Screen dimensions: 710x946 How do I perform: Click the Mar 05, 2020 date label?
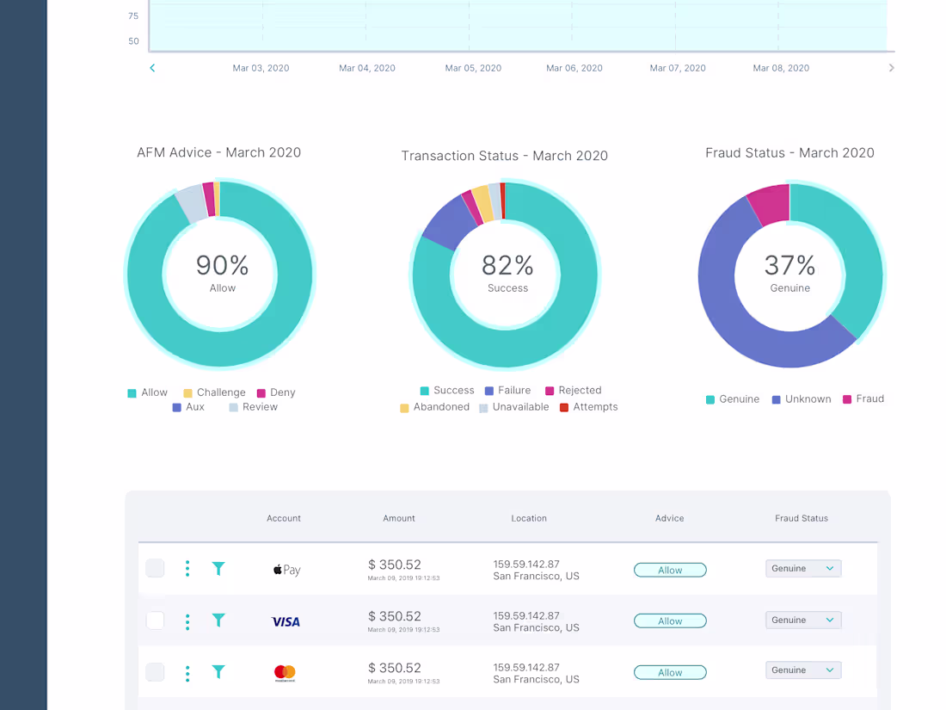(x=473, y=68)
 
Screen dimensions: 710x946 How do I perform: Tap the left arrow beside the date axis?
(x=152, y=68)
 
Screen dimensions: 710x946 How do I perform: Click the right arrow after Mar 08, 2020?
(x=891, y=68)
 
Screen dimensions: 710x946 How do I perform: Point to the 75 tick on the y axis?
(x=133, y=15)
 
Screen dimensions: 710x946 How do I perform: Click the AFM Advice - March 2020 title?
(x=218, y=152)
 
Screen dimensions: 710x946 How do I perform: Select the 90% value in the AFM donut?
(x=222, y=265)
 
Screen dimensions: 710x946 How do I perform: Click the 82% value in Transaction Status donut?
(x=507, y=265)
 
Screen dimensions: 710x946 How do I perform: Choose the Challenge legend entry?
(x=214, y=392)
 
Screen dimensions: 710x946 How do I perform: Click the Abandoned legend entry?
(x=434, y=407)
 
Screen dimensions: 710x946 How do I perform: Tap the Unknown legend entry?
(x=802, y=399)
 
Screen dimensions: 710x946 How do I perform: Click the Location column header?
(x=529, y=518)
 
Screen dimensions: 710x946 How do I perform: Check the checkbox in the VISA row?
(x=155, y=620)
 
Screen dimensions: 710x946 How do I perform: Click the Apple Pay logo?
(x=286, y=570)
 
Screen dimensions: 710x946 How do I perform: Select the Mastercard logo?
(x=285, y=672)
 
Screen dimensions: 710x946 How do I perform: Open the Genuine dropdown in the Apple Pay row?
(x=803, y=568)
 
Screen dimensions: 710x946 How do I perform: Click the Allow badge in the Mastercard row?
(x=670, y=672)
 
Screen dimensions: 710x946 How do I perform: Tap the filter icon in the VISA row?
(x=218, y=620)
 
